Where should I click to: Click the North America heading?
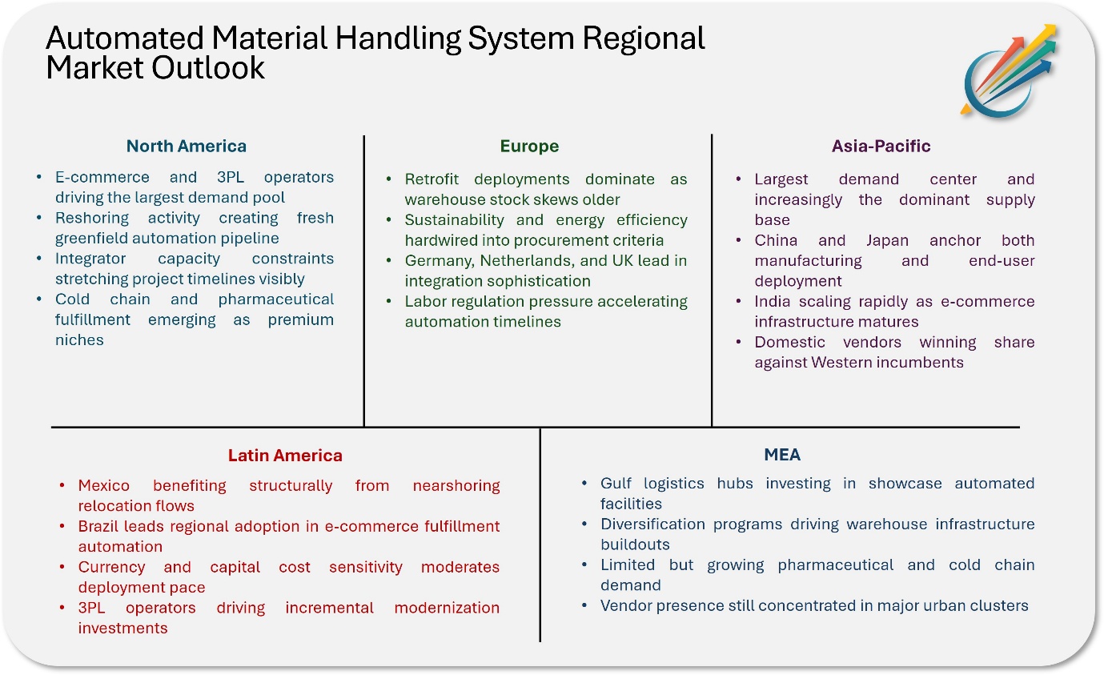(x=187, y=146)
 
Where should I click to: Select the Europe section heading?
(x=529, y=147)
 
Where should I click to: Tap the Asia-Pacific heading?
(x=881, y=146)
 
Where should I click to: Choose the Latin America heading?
(x=285, y=455)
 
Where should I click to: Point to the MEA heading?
(x=782, y=454)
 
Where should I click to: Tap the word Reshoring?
(x=92, y=218)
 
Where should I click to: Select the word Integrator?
(x=90, y=259)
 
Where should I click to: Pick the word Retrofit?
(x=432, y=179)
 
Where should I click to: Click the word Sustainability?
(x=455, y=220)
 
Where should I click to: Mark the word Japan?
(x=887, y=240)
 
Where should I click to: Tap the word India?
(x=771, y=301)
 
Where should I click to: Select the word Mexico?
(x=103, y=486)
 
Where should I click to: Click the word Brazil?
(x=96, y=526)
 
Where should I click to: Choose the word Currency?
(x=111, y=567)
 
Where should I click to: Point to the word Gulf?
(x=616, y=483)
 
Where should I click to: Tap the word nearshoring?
(x=456, y=486)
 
